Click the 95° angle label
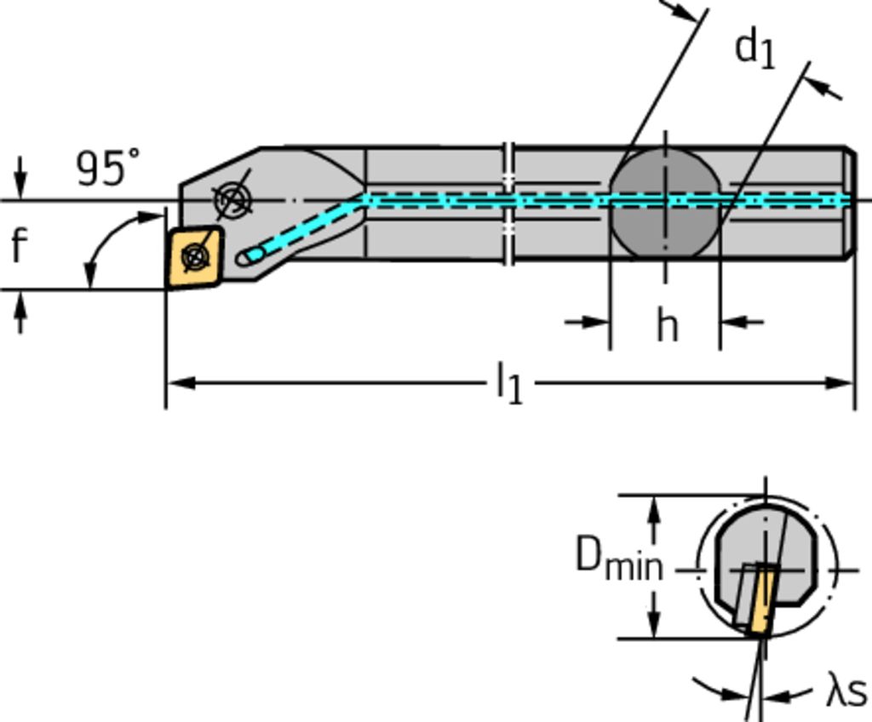pos(108,168)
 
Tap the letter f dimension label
pos(19,245)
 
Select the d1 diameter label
pos(755,49)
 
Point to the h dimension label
pos(667,325)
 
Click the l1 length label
pos(509,383)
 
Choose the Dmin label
pos(618,559)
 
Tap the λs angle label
pos(846,690)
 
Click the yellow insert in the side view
pos(195,256)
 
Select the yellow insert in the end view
pos(760,601)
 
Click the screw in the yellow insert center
pos(196,255)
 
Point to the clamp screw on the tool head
pos(232,200)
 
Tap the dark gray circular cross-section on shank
pos(665,203)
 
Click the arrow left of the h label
pos(596,322)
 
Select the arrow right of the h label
pos(733,322)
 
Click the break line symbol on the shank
pos(508,203)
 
